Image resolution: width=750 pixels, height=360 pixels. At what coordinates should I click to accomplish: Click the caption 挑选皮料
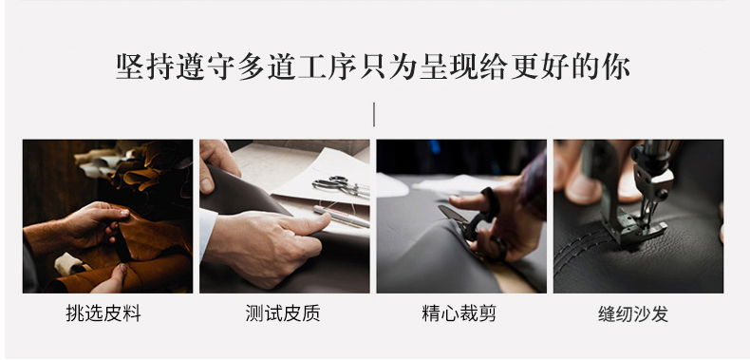click(103, 313)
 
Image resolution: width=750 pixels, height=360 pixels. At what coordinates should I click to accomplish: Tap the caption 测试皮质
click(283, 313)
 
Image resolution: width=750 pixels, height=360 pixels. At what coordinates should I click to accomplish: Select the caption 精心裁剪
click(459, 313)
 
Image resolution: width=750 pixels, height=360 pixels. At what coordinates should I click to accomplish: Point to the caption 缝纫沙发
click(633, 314)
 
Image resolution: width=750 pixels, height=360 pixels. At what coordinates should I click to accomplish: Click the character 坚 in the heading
click(130, 66)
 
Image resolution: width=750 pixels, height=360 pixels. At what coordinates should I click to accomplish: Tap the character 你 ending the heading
click(616, 66)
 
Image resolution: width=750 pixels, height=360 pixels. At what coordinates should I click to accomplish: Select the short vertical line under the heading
click(373, 114)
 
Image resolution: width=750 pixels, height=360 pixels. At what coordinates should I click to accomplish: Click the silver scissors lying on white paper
click(341, 186)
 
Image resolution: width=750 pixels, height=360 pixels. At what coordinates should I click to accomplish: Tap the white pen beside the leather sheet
click(341, 217)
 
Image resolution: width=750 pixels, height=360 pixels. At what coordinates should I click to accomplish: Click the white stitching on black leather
click(581, 254)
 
